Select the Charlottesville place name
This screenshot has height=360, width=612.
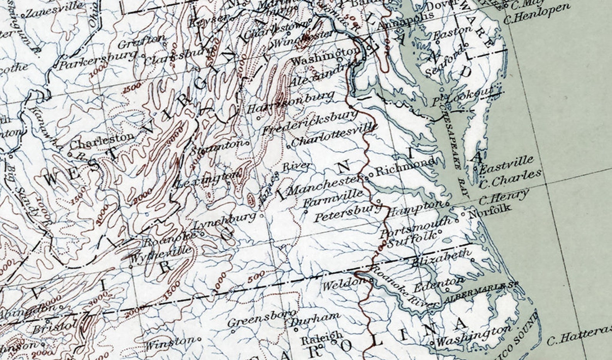[x=332, y=135]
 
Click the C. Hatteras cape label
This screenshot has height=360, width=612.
[x=578, y=336]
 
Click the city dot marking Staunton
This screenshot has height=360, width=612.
[x=247, y=143]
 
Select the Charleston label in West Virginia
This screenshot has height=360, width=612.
[x=102, y=140]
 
